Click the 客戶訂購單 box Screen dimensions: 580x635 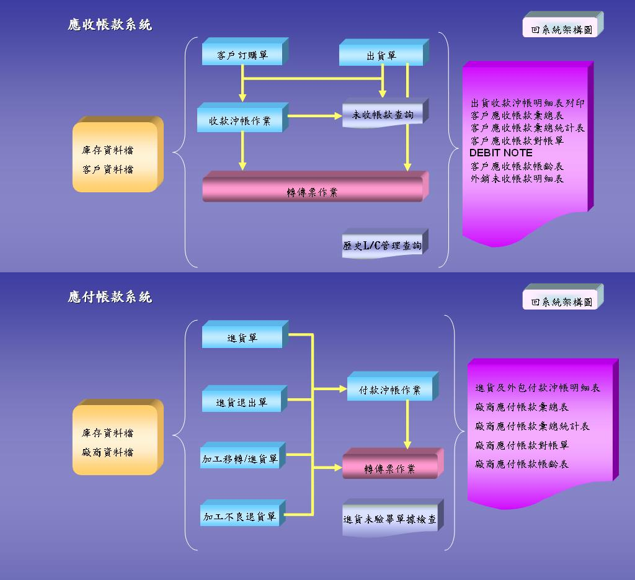click(x=242, y=55)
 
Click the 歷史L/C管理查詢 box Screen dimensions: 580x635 click(x=382, y=246)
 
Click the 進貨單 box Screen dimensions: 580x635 click(x=242, y=338)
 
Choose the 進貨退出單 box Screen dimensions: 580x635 click(x=241, y=402)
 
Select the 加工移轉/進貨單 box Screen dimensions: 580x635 click(x=239, y=459)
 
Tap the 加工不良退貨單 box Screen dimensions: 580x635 click(x=239, y=516)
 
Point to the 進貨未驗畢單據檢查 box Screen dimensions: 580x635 click(x=389, y=519)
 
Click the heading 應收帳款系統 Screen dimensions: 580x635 click(x=110, y=25)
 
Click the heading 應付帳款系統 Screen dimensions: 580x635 click(x=110, y=297)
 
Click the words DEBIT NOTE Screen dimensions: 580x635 click(x=500, y=153)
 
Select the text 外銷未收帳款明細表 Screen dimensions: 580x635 click(x=517, y=179)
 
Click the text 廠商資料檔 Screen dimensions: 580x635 click(x=107, y=452)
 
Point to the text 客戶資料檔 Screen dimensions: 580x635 click(x=107, y=169)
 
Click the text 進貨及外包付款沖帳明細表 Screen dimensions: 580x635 click(x=538, y=388)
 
